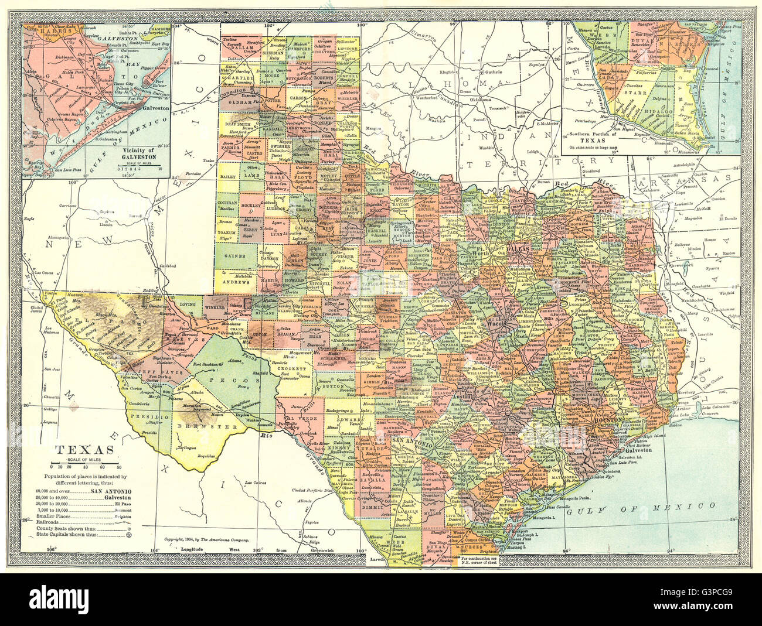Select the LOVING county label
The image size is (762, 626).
[x=188, y=305]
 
